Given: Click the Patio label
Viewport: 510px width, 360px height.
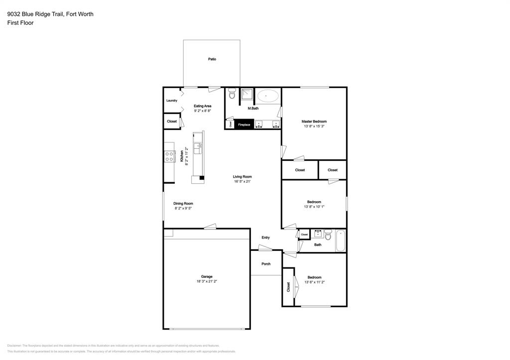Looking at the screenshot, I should tap(212, 59).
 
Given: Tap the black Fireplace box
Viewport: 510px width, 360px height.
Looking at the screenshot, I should tap(244, 124).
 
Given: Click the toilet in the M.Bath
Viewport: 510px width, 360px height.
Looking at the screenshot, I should tap(232, 94).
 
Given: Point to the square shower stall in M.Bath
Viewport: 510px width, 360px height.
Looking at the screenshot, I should tap(247, 94).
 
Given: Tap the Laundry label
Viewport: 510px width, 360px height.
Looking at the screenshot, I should tap(172, 101).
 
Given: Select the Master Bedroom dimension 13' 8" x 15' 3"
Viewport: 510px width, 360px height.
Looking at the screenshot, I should tap(314, 126).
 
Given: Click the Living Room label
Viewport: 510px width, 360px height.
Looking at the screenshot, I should tap(243, 177).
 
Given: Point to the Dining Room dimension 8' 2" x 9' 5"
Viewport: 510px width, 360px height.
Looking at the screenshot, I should tap(183, 209).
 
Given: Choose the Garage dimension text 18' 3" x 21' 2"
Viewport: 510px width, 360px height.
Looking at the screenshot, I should tap(207, 281).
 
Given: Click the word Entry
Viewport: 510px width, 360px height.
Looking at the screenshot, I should tap(265, 238).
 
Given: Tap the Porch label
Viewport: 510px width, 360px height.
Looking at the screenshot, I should tap(266, 264).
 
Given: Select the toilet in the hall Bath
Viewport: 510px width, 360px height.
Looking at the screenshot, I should tap(328, 234).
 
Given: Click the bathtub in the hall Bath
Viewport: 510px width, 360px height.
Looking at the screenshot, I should tap(340, 240).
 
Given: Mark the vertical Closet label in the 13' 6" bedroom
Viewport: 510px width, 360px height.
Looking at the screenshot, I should tap(288, 287).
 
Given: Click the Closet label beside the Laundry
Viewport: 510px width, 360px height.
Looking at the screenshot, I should tap(172, 121).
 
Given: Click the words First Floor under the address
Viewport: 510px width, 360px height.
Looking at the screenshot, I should tap(20, 23).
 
